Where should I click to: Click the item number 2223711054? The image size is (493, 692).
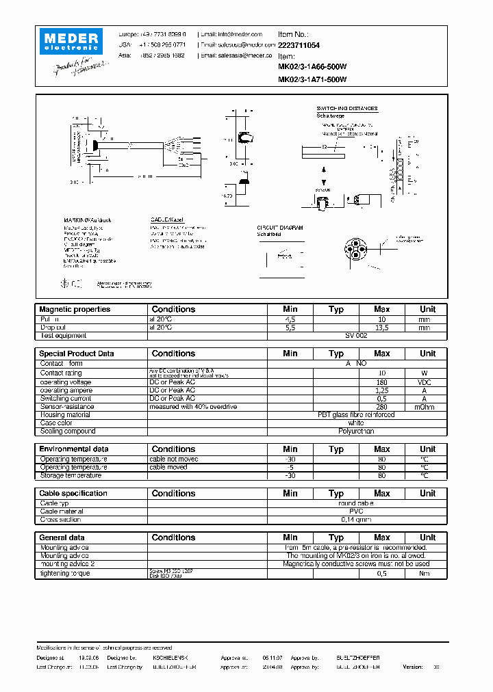[x=299, y=44]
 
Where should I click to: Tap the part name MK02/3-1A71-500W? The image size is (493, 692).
[x=312, y=79]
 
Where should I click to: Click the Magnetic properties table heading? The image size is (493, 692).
[x=75, y=309]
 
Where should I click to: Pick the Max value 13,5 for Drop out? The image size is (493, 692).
[x=382, y=328]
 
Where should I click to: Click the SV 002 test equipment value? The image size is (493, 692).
[x=356, y=336]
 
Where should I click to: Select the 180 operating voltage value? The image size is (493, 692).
[x=382, y=382]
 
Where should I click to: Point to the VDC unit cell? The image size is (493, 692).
[x=425, y=382]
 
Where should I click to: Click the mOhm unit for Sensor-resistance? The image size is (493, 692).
[x=425, y=407]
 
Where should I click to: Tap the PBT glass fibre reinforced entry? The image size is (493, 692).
[x=356, y=415]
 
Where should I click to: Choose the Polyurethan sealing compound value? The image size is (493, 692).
[x=356, y=431]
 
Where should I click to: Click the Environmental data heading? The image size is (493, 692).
[x=74, y=449]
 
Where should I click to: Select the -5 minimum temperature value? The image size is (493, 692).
[x=290, y=468]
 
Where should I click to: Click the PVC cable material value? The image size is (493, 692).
[x=356, y=511]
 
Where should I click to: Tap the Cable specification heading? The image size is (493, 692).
[x=73, y=493]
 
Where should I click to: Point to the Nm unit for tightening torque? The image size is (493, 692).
[x=425, y=573]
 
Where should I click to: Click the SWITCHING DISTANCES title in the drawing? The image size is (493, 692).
[x=346, y=109]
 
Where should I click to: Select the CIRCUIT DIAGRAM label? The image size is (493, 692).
[x=279, y=227]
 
